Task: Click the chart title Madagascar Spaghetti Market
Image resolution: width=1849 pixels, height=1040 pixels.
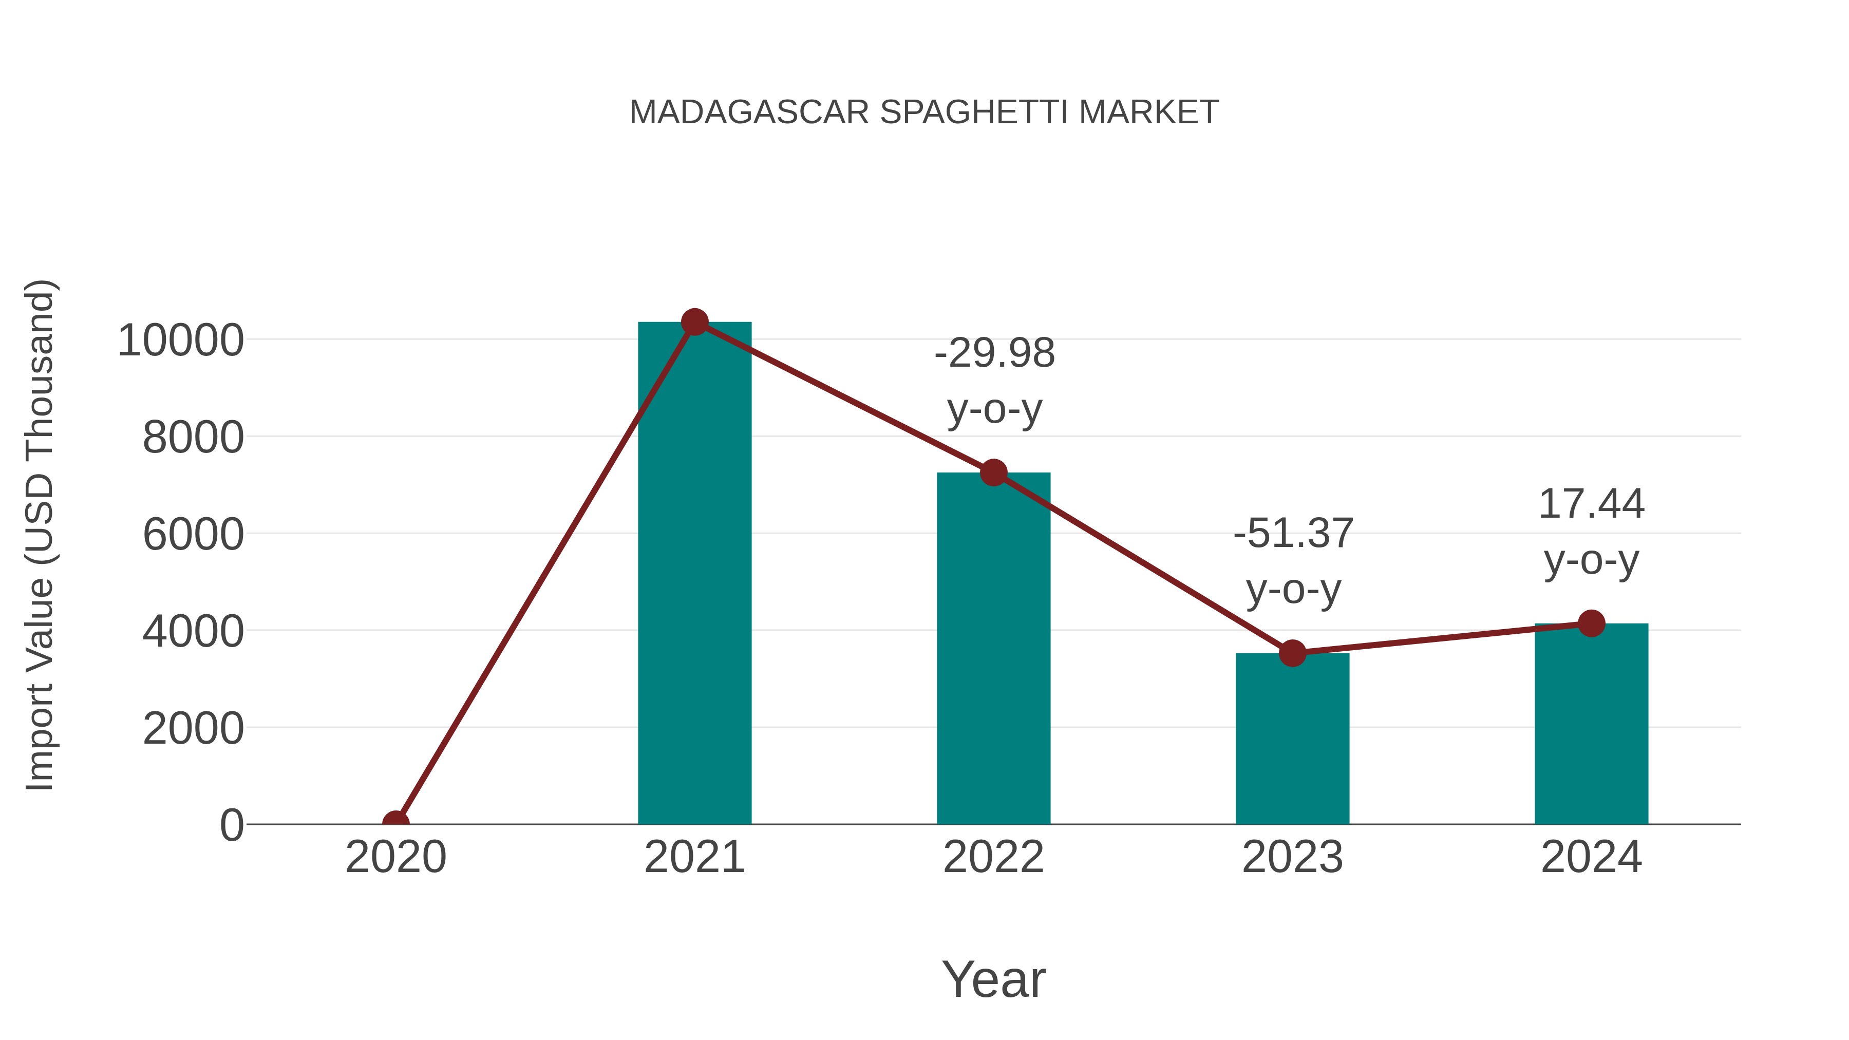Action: click(924, 112)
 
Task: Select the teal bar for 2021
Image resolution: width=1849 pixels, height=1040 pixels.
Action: click(694, 574)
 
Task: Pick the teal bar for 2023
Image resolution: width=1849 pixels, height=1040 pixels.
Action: click(1292, 739)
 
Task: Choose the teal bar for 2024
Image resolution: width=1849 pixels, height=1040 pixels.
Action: click(1591, 725)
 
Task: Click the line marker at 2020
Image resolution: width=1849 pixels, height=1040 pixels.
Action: click(395, 823)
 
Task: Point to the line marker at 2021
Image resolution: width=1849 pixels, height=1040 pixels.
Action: click(694, 322)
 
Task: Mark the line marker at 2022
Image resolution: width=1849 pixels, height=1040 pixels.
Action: click(993, 473)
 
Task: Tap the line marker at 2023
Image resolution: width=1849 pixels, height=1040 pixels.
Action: click(1292, 653)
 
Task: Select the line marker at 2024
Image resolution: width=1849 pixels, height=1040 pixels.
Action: click(1591, 623)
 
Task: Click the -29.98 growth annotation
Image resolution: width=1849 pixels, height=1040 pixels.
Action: click(995, 381)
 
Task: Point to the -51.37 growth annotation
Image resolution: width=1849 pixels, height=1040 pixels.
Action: click(1293, 561)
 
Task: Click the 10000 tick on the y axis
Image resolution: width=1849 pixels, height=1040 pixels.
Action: click(181, 340)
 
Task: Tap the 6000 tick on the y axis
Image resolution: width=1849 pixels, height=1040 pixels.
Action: click(193, 535)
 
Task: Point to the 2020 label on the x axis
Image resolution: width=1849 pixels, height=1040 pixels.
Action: click(395, 857)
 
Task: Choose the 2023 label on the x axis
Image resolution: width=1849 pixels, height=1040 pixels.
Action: click(1292, 857)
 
